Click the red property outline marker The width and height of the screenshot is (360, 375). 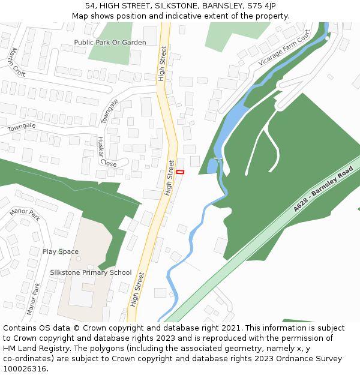[180, 172]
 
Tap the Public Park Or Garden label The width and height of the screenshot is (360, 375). [110, 43]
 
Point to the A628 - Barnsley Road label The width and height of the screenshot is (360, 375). [323, 190]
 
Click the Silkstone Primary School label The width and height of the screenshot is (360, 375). [91, 272]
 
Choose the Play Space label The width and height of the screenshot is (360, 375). [60, 251]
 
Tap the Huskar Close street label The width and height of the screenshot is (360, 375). [107, 151]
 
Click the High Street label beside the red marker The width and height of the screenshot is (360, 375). [170, 178]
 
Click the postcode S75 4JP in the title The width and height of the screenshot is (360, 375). [262, 6]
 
